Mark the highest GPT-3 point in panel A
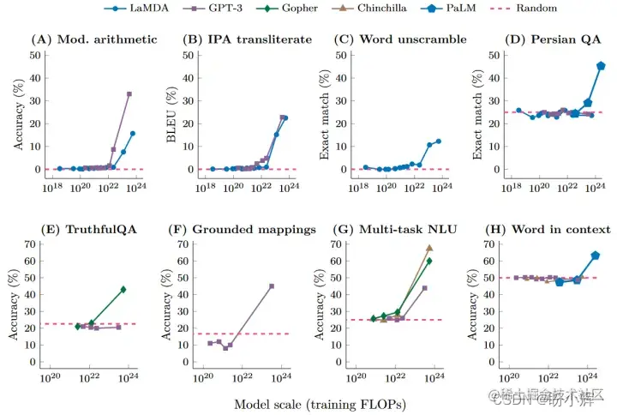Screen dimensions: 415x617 pos(129,94)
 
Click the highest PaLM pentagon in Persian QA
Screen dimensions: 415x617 pos(601,66)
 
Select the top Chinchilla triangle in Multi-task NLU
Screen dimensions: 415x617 pos(429,248)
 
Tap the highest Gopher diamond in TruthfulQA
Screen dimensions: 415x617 pos(123,290)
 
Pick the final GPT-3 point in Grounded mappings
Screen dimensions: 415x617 pos(272,286)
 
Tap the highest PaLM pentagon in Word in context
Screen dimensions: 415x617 pos(596,256)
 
